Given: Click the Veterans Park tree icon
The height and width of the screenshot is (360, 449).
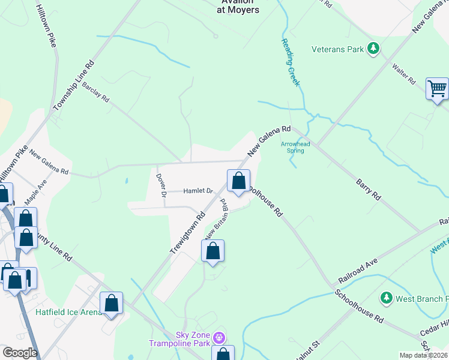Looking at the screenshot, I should click(373, 49).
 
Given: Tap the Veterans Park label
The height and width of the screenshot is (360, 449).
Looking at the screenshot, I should click(338, 49).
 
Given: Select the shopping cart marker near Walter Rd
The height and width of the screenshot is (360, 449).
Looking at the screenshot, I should click(438, 89).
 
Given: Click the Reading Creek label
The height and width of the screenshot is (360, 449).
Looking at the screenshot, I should click(290, 62).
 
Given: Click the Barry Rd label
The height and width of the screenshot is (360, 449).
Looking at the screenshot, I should click(369, 188).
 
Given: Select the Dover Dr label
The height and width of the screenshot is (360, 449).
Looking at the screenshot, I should click(161, 185).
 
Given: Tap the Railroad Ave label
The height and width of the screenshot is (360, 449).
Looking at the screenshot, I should click(357, 271).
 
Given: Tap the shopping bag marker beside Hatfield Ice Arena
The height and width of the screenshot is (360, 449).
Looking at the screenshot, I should click(111, 304).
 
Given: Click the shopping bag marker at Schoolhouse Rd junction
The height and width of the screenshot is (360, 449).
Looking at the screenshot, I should click(238, 181).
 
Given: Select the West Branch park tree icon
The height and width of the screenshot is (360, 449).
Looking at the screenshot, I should click(387, 298).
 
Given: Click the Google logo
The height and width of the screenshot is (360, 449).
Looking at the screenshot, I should click(19, 353).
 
